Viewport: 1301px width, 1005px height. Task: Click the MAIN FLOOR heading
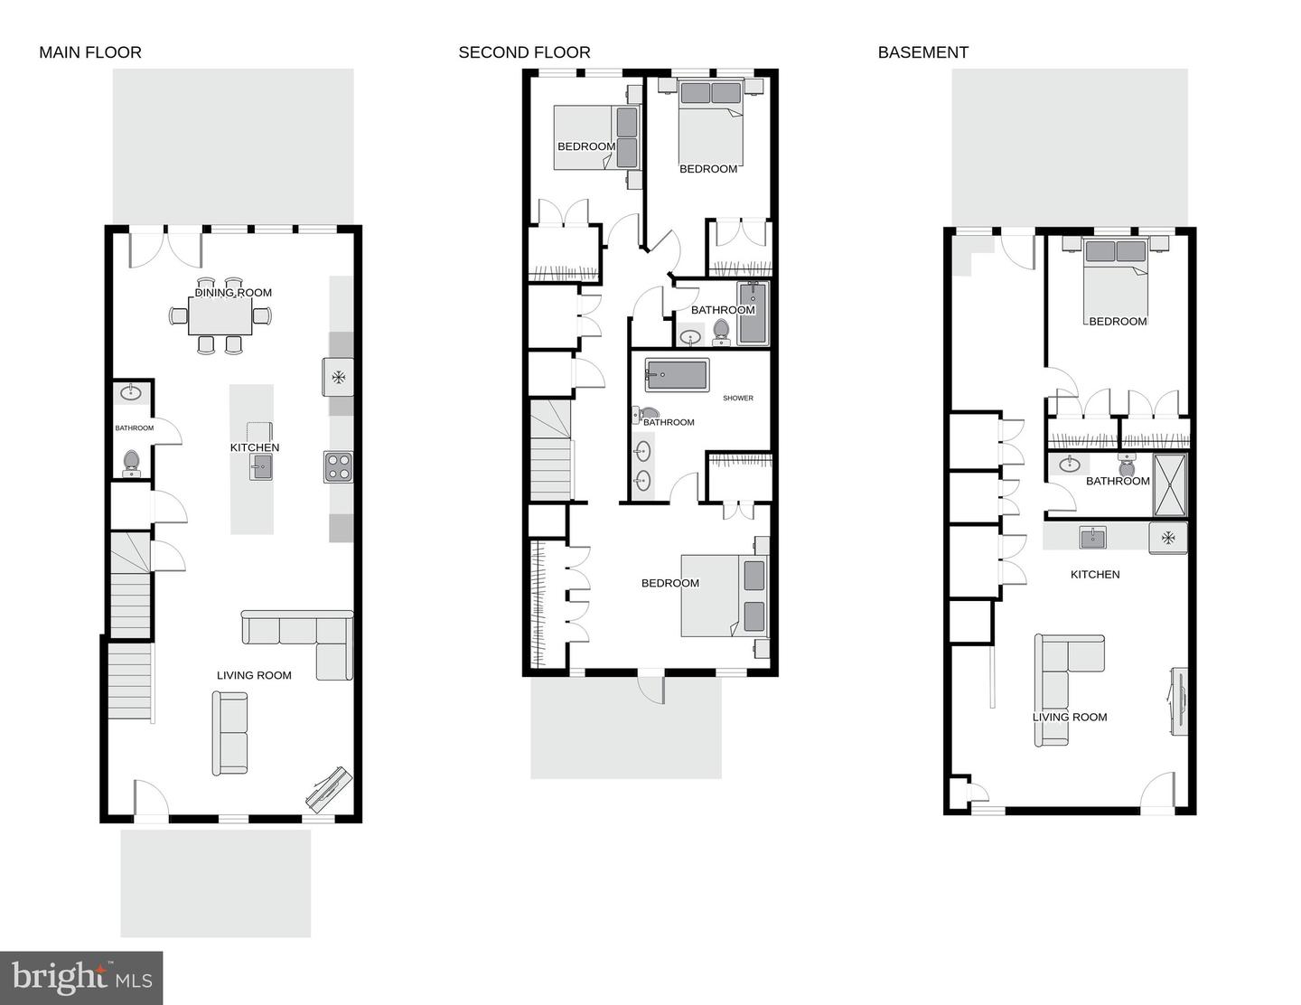tap(90, 52)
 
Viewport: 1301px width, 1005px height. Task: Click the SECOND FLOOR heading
tap(524, 52)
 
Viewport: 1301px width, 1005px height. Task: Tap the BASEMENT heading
tap(922, 52)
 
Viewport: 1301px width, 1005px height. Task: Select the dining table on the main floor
tap(221, 315)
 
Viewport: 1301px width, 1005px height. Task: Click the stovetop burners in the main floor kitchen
tap(339, 466)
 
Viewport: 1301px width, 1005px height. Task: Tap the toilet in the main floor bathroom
tap(132, 463)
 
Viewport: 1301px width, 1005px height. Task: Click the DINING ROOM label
tap(233, 293)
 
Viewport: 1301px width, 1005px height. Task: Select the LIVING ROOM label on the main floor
tap(254, 675)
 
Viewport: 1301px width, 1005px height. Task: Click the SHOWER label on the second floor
tap(737, 398)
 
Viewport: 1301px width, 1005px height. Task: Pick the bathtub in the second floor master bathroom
tap(677, 374)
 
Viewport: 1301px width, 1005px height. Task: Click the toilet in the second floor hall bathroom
tap(721, 332)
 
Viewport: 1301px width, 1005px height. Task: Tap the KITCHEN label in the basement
tap(1095, 574)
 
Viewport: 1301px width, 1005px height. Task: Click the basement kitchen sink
tap(1092, 538)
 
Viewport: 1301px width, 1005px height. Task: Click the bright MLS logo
tap(81, 978)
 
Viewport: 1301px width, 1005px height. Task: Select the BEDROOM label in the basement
tap(1118, 321)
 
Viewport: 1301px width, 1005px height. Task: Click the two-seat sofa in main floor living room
tap(230, 733)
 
